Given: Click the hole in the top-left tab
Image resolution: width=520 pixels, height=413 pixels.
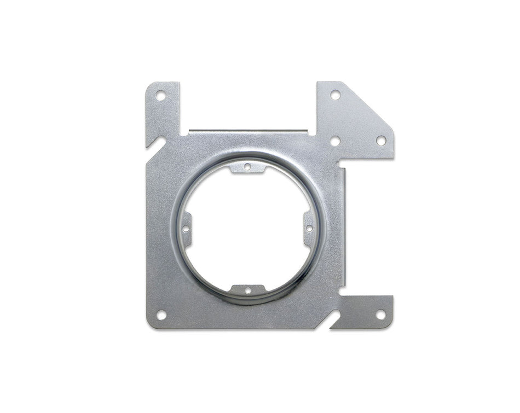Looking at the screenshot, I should coord(161,96).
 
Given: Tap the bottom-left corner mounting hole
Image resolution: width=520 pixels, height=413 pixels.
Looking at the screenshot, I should coord(161,315).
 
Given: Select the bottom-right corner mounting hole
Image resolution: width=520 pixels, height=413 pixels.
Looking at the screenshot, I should coord(380,315).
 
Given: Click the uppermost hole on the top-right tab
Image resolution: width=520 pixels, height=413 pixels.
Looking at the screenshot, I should coord(335,95).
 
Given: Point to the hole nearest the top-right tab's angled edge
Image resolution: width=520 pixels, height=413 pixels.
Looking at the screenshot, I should coord(380,141).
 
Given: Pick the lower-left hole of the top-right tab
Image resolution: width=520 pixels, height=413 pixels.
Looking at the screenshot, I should coord(335,141).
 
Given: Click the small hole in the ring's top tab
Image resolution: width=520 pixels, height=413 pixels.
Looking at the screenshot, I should coord(247,166).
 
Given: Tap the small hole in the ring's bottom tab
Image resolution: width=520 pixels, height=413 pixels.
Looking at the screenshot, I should coord(247,290).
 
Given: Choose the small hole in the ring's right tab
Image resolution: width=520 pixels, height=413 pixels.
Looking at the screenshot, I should coord(309,228).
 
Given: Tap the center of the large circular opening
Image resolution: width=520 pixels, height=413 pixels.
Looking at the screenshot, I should coord(247,228).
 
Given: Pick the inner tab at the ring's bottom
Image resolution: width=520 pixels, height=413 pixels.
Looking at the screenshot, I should coord(247,289).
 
